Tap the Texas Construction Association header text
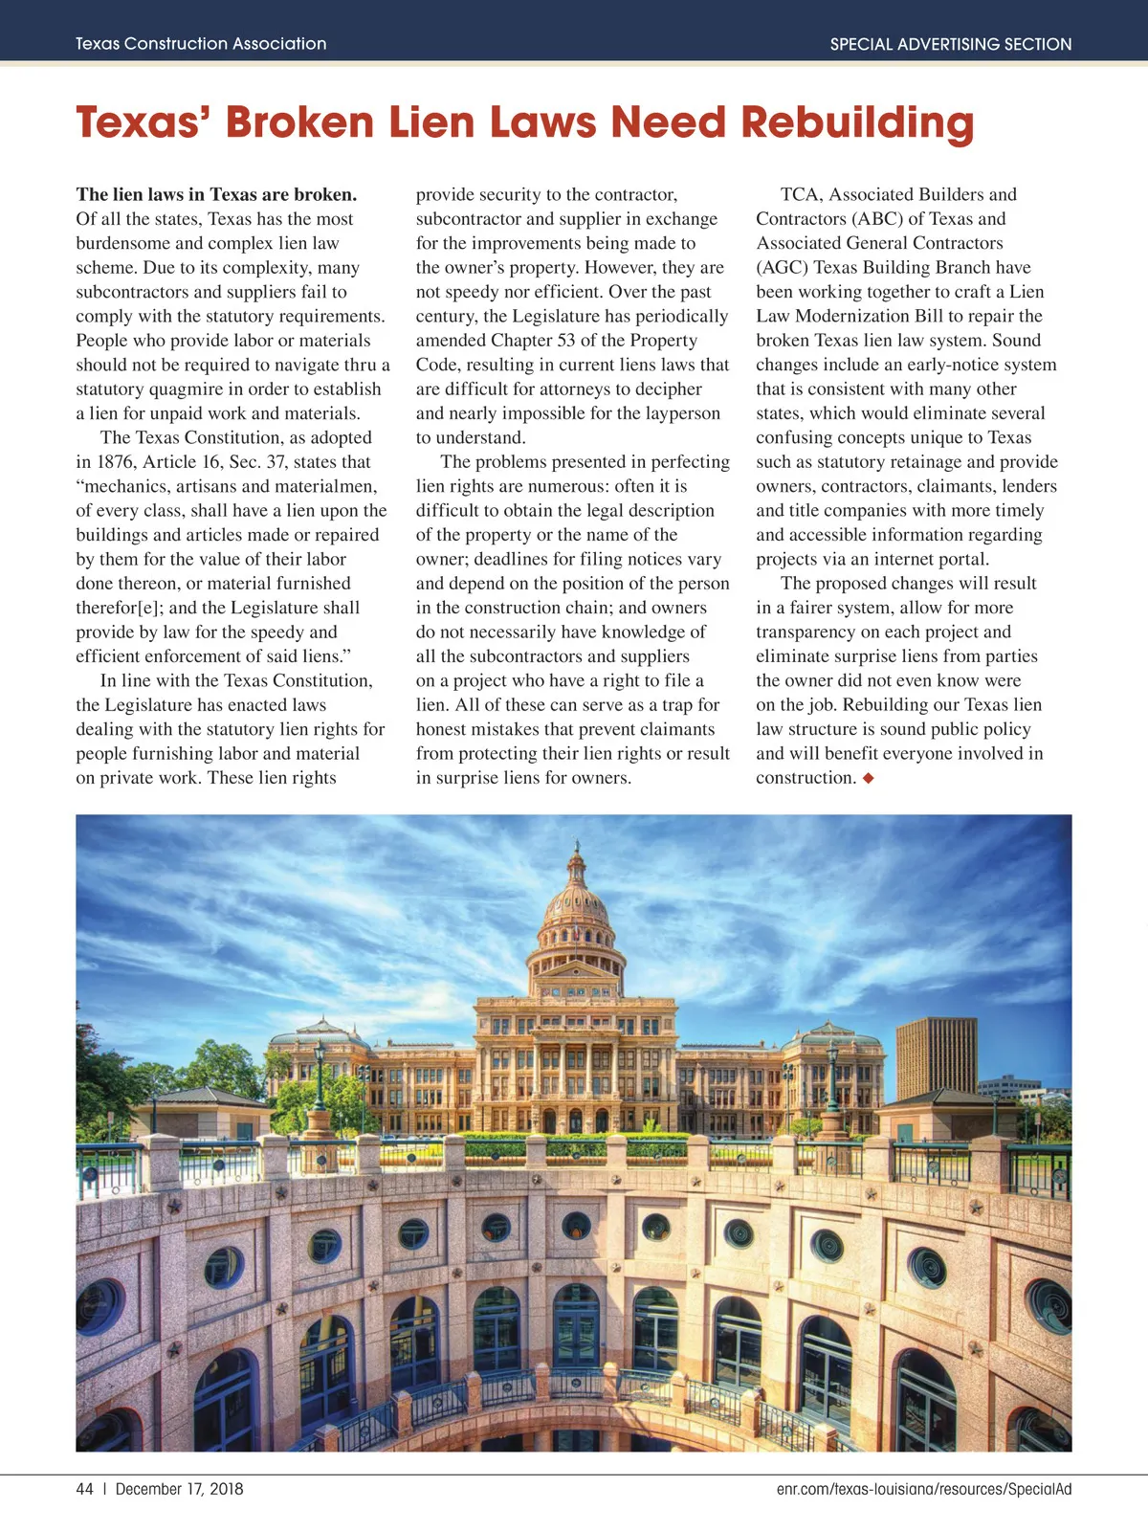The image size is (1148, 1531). click(201, 44)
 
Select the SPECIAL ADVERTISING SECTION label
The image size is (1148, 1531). click(950, 44)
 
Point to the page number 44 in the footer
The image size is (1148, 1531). click(84, 1489)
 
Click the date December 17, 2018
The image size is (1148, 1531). click(179, 1489)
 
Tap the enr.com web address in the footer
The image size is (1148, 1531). click(923, 1489)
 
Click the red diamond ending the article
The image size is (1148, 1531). click(869, 778)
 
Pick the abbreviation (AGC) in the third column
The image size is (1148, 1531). click(783, 268)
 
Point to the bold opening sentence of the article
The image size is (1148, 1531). click(216, 195)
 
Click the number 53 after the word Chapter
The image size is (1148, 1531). click(566, 341)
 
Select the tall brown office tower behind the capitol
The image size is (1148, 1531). click(936, 1057)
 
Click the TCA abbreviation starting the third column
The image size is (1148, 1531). click(800, 195)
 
